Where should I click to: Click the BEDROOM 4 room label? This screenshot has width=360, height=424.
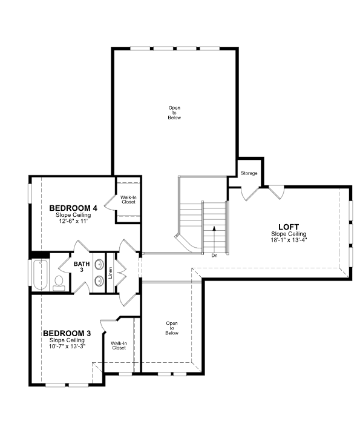(73, 208)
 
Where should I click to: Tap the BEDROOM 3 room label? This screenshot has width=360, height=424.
(67, 333)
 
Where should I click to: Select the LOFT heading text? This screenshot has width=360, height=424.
(289, 227)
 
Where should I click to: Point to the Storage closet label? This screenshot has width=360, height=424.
(249, 173)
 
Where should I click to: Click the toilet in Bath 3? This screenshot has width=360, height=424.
(59, 283)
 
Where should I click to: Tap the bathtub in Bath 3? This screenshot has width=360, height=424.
(41, 275)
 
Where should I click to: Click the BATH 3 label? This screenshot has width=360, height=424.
(82, 267)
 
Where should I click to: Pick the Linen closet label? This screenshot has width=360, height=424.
(111, 273)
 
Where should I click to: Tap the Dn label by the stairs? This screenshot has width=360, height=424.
(214, 256)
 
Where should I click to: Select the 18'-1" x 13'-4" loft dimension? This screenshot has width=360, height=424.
(289, 240)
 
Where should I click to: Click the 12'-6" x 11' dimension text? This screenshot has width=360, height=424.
(73, 221)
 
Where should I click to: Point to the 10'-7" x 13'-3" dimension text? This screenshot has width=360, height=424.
(67, 346)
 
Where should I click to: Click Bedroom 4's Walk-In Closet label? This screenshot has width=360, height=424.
(128, 199)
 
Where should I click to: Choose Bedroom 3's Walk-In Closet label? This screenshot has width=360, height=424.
(119, 346)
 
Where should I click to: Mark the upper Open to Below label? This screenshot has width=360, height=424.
(174, 113)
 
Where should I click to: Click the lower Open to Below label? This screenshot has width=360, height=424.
(172, 328)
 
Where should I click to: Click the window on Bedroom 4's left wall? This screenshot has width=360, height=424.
(30, 193)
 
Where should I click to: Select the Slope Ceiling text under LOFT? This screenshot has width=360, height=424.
(289, 234)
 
